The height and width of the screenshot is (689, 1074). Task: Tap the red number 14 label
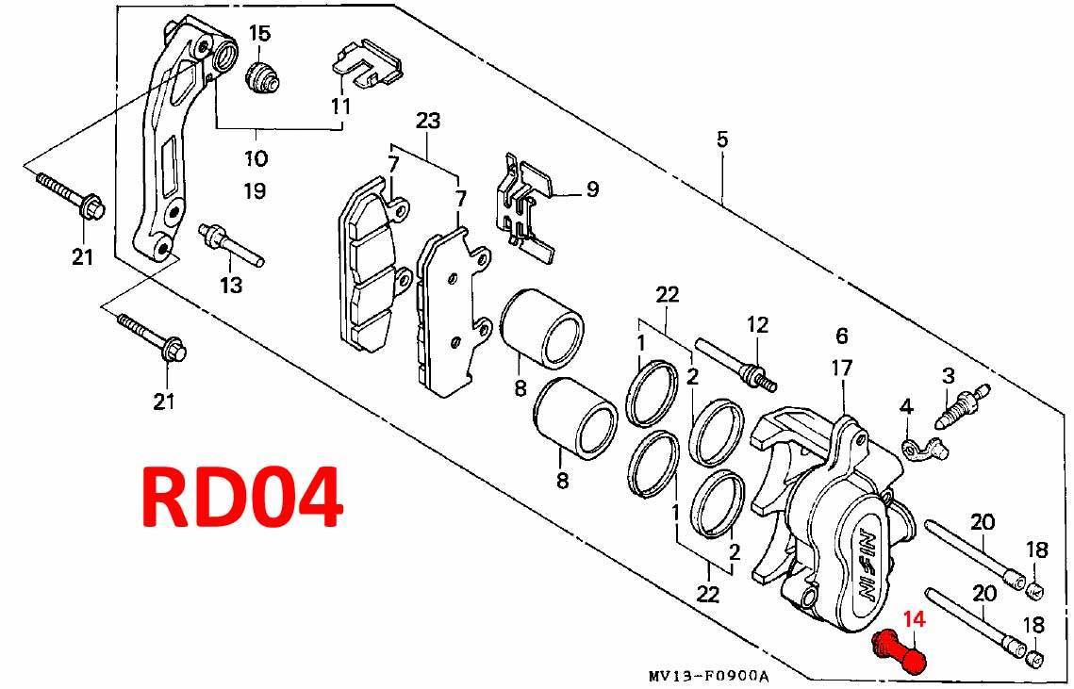pos(915,619)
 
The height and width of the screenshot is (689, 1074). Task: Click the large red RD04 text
pos(241,498)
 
